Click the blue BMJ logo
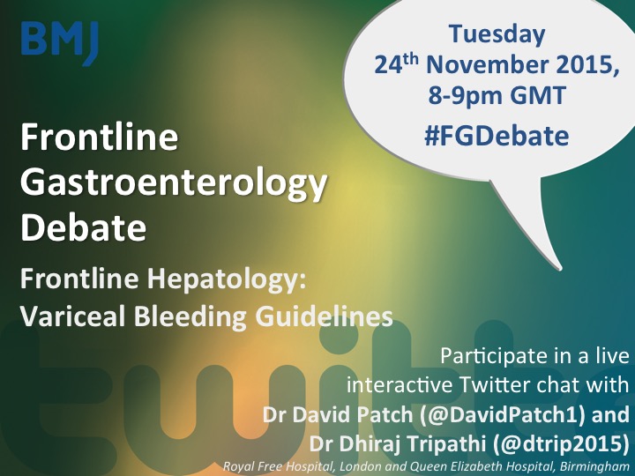[x=60, y=42]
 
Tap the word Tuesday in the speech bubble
[x=497, y=34]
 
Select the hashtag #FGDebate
[x=497, y=136]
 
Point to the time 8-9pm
[x=466, y=97]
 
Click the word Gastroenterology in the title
[x=174, y=184]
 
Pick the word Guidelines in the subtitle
[x=324, y=316]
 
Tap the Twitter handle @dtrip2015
[x=561, y=444]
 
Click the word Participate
[x=491, y=357]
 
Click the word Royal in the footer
[x=237, y=467]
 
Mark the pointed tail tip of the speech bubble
[x=561, y=268]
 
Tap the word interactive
[x=400, y=384]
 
